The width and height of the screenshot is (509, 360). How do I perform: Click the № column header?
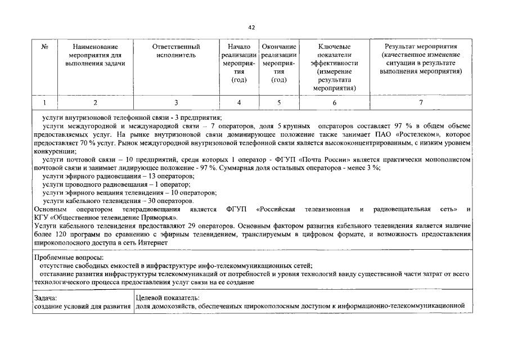click(x=44, y=46)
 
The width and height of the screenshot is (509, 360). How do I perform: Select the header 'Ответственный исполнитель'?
click(x=176, y=51)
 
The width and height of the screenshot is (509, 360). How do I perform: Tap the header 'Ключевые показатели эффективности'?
click(x=335, y=55)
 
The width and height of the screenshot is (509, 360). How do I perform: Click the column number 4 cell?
click(x=240, y=102)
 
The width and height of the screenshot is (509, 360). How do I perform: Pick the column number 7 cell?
click(x=420, y=102)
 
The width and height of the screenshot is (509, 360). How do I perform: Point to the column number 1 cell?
click(x=44, y=102)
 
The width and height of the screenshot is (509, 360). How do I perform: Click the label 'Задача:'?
click(x=46, y=298)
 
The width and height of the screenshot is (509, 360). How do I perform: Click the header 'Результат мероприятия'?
click(x=420, y=46)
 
